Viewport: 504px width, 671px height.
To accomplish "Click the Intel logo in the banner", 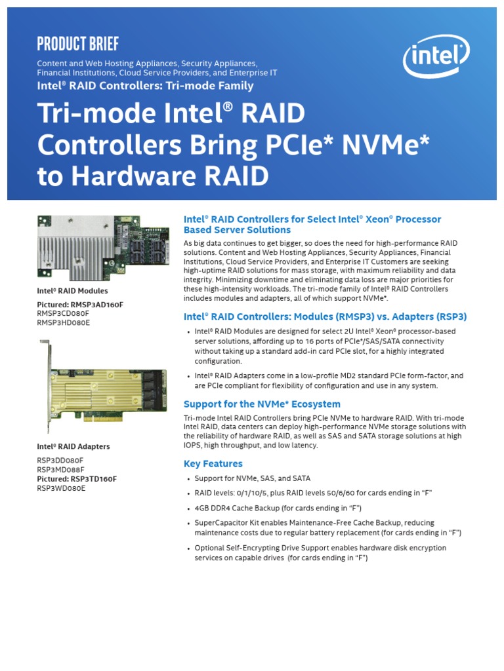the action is [x=436, y=57].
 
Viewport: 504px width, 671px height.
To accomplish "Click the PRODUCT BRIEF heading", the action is [x=78, y=44].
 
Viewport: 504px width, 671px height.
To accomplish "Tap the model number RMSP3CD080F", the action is [x=63, y=313].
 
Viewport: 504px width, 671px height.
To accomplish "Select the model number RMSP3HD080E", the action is [x=64, y=322].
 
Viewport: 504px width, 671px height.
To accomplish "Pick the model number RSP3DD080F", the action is [x=60, y=460].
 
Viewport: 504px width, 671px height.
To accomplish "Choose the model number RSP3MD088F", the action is [x=60, y=469].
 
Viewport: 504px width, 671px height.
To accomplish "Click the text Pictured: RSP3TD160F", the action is [x=77, y=478].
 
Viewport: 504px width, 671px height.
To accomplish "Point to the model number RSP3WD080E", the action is [x=61, y=488].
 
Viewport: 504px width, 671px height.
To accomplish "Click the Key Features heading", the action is [x=213, y=464].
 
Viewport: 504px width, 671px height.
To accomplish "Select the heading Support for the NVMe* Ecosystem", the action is [x=262, y=404].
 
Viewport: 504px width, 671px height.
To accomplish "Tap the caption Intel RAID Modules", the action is [x=72, y=290].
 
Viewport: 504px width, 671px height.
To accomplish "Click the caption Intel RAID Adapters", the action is [x=73, y=446].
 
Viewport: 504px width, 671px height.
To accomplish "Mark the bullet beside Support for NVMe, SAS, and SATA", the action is [x=188, y=479].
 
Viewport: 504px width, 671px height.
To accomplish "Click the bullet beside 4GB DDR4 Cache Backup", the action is [x=188, y=508].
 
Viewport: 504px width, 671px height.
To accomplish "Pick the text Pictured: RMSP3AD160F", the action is [x=79, y=304].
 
